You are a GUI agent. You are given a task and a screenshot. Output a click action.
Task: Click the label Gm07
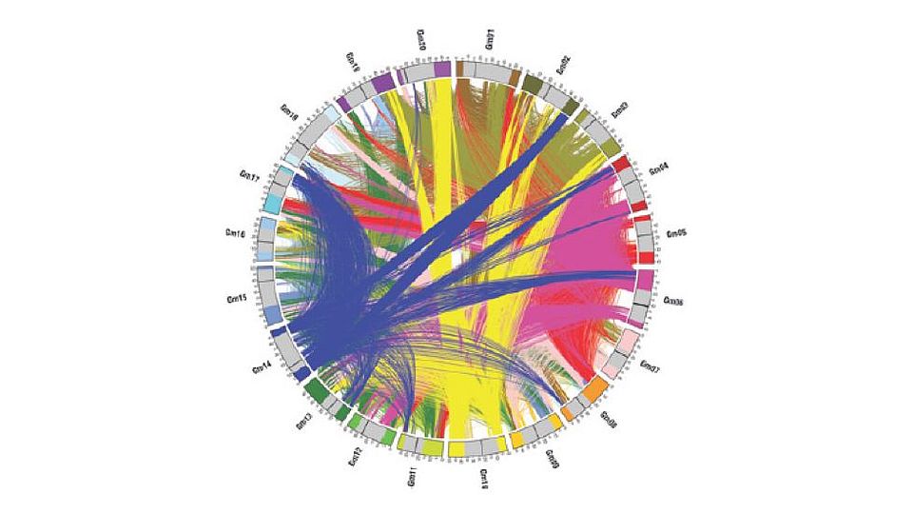(651, 366)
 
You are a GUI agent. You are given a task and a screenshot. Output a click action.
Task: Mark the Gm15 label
(237, 299)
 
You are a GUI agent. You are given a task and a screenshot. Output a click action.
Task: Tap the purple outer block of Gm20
(441, 70)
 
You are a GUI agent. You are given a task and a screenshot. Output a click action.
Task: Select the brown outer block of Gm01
(460, 69)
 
